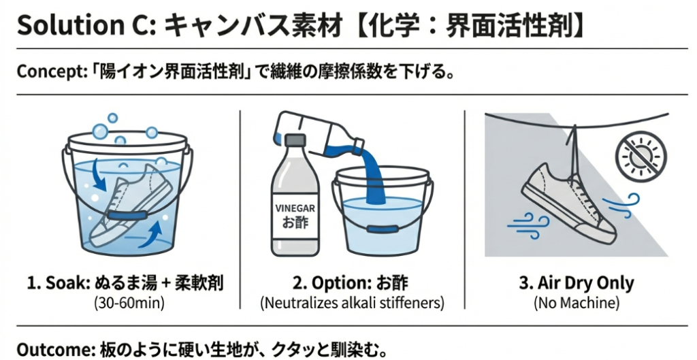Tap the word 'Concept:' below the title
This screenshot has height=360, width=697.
pos(47,71)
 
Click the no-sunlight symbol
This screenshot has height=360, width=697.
pos(641,156)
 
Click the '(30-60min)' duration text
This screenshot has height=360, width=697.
pos(129,303)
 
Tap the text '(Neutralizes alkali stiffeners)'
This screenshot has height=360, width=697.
pos(352,303)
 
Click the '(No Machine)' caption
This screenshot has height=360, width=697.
pos(577,303)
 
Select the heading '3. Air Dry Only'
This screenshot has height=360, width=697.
pos(577,282)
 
